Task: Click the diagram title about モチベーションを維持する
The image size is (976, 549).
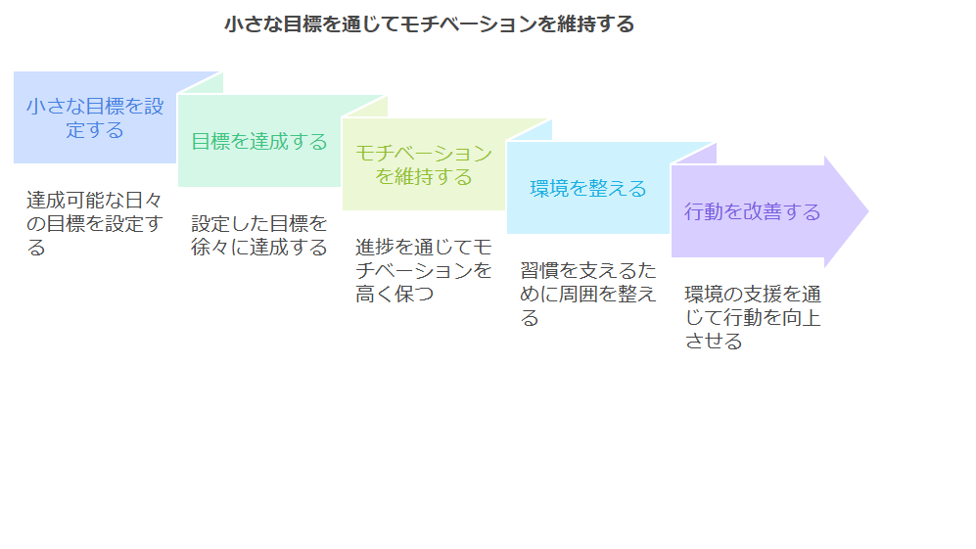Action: point(430,24)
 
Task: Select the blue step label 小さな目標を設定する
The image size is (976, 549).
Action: point(95,117)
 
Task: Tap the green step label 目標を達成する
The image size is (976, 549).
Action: point(259,141)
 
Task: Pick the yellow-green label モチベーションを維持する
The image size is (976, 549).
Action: point(423,165)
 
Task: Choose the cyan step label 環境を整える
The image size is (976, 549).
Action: point(588,189)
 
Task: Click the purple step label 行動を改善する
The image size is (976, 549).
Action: point(752,211)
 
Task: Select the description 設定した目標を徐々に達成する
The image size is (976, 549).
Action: point(259,235)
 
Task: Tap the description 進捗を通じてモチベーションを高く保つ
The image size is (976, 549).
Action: point(423,270)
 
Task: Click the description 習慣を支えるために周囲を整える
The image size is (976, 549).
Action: point(588,294)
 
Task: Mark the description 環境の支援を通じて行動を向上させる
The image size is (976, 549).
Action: point(753,317)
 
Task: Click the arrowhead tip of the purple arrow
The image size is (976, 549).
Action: point(867,211)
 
